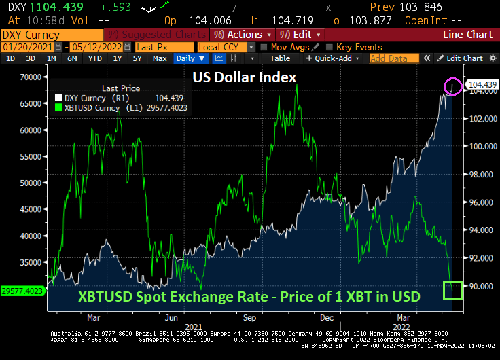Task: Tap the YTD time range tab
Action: click(x=94, y=58)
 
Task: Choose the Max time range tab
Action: click(x=160, y=58)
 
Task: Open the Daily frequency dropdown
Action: click(x=190, y=58)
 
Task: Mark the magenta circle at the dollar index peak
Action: click(x=453, y=86)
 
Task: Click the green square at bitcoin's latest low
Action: click(x=452, y=290)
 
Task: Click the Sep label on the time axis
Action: click(x=249, y=317)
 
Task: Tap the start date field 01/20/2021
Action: click(x=26, y=47)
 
